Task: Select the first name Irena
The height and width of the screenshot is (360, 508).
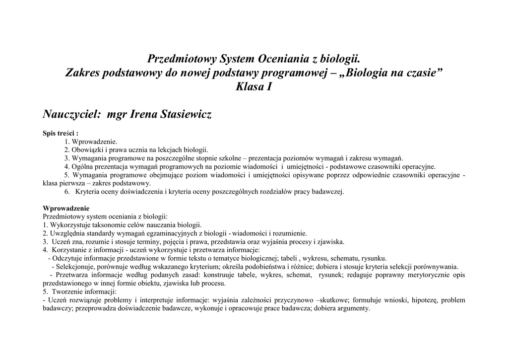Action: pos(143,115)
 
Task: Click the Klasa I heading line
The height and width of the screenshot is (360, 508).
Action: pos(254,87)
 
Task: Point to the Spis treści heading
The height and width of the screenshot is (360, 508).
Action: pos(61,133)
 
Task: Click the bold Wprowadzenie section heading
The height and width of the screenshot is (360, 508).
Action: pos(66,209)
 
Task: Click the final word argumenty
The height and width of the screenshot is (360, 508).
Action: pos(354,308)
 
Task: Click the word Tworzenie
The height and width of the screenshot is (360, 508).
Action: pos(66,291)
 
